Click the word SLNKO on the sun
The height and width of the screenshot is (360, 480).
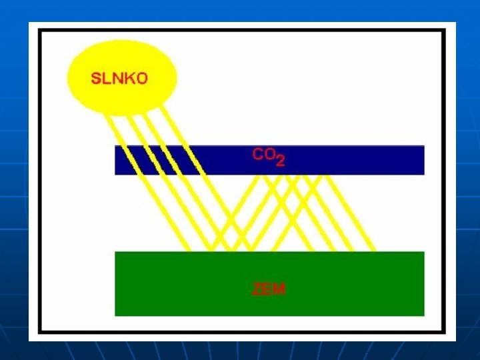(119, 78)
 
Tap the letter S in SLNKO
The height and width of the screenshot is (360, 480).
(96, 78)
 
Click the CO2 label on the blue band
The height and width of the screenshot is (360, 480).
(269, 156)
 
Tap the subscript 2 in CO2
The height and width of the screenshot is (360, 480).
(281, 161)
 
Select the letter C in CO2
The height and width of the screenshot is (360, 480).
(258, 154)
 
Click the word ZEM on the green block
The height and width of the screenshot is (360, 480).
(269, 289)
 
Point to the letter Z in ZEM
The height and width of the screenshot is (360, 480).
(257, 289)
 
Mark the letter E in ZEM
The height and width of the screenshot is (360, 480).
(269, 289)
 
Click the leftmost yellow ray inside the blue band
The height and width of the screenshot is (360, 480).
(123, 160)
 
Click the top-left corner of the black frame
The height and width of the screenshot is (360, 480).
(40, 31)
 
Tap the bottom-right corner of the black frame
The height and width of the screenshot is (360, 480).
(443, 331)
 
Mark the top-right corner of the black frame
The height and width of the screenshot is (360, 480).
(443, 31)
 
